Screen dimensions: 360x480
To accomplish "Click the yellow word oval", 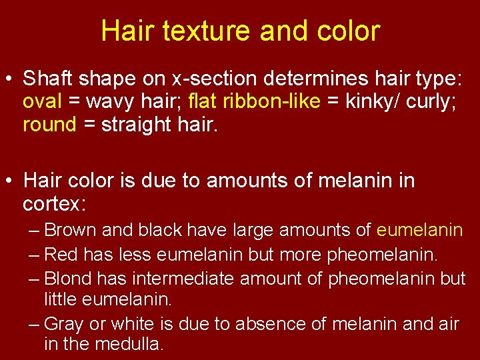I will [43, 102].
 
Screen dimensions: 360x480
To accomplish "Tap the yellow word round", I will [49, 125].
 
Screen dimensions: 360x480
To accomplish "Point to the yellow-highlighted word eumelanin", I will [419, 231].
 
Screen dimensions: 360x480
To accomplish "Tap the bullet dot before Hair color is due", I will [13, 181].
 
